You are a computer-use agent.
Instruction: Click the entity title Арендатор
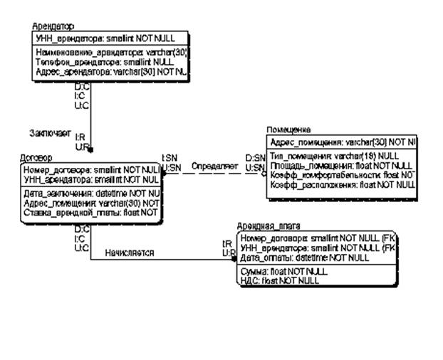coord(53,26)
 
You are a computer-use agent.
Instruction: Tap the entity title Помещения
coord(288,131)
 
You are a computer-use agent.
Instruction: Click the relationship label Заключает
coord(48,133)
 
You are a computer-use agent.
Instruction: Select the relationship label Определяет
coord(214,166)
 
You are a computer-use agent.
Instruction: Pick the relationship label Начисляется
coord(129,253)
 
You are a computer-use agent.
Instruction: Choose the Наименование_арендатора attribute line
coord(110,52)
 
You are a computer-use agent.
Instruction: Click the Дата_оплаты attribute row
coord(304,258)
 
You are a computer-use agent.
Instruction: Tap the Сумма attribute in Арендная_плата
coord(283,271)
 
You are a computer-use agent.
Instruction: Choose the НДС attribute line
coord(279,280)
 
